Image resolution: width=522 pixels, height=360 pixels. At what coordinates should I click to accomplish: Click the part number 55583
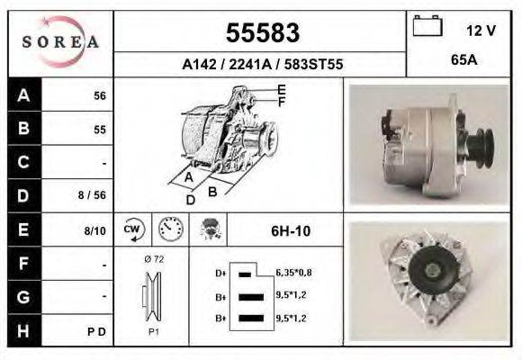coord(263,33)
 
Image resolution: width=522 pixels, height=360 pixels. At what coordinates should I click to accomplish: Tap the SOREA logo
coord(60,42)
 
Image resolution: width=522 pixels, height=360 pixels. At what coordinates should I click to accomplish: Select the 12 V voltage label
coord(481,31)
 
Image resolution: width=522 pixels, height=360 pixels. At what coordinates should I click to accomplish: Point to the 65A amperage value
coord(464,60)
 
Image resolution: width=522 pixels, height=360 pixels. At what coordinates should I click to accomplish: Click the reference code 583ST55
coord(313,64)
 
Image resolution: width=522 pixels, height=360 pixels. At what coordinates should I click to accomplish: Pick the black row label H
coord(24,330)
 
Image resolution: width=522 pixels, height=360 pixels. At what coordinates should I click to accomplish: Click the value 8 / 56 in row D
coord(92,194)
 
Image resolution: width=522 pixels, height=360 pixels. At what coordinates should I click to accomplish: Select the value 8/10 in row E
coord(94,230)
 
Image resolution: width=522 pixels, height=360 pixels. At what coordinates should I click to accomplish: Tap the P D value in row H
coord(96,332)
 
